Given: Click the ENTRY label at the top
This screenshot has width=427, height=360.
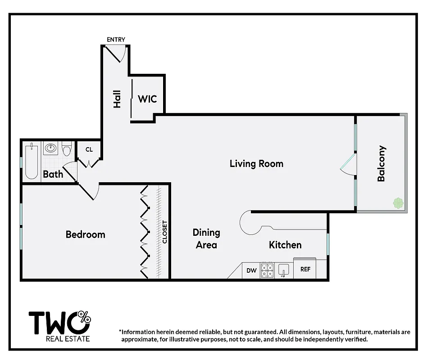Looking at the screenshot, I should point(116,40).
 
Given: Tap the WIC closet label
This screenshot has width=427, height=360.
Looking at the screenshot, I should point(147,99).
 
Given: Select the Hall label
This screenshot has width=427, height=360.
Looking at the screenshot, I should point(117,99).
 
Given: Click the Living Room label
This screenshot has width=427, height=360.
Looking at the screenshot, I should point(256,163).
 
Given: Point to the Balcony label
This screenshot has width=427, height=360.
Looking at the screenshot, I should point(382,163).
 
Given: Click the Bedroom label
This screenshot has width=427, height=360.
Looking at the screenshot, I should point(85,234).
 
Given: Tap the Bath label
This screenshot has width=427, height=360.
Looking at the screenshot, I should point(53,174).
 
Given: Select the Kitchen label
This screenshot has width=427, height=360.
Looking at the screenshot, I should point(285,245).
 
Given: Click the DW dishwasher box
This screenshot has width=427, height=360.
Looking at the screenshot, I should point(251,270).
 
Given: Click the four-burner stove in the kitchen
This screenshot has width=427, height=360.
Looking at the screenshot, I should point(268,270).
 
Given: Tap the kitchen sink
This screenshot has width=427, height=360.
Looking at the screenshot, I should point(283,270).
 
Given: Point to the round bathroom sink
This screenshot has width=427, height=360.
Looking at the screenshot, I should point(51,148).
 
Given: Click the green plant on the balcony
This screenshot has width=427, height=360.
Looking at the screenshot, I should point(398,203).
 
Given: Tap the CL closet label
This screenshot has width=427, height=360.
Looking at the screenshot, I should point(89,149).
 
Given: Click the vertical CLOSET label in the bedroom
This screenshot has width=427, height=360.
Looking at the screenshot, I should point(165,232).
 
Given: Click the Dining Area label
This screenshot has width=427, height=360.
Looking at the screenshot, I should point(206,238).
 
